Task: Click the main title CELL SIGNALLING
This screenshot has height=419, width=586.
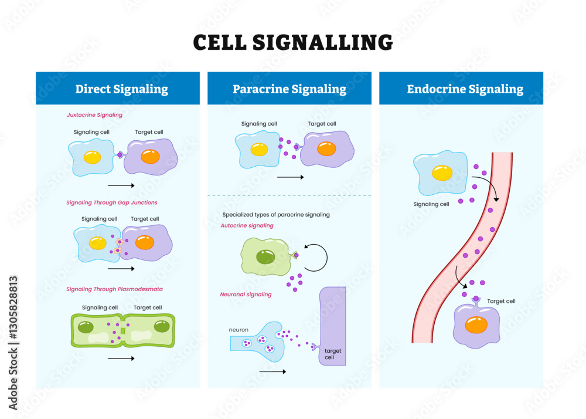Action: coord(292,42)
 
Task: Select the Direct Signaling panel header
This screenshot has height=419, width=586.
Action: coord(121,89)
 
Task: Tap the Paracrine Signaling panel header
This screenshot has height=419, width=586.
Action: coord(289,89)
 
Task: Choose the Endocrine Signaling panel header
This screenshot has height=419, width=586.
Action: coord(465,89)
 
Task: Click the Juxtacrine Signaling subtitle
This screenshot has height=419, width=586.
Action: coord(94,115)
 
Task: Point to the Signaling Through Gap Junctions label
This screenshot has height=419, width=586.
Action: coord(111,202)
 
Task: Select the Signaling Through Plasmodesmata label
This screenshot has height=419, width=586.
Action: coord(114,289)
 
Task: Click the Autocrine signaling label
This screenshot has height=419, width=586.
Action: coord(247,225)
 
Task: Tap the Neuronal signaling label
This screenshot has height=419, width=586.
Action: coord(246,294)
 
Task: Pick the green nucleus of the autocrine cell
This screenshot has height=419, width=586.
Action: coord(266,256)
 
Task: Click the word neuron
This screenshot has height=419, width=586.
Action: coord(239,330)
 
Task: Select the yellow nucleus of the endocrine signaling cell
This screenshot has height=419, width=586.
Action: coord(442,173)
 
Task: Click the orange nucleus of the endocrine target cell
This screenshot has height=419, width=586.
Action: coord(476,325)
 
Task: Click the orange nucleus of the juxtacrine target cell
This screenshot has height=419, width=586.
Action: coord(150,157)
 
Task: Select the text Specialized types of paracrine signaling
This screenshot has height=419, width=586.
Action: coord(276,215)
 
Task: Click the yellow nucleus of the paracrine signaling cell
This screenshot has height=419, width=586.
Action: coord(259,150)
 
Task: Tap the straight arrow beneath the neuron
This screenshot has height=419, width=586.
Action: coord(272,371)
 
